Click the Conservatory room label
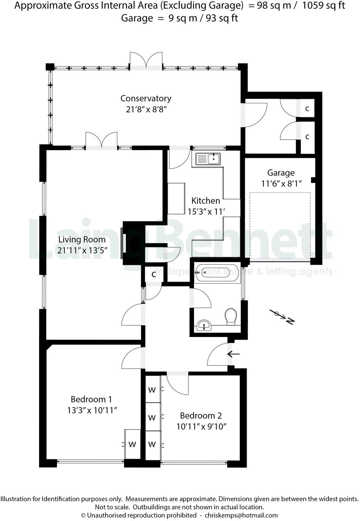click(146, 98)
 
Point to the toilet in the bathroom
click(231, 316)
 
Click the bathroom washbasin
click(204, 325)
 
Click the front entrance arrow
click(233, 354)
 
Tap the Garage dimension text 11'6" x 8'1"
click(281, 184)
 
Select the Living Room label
click(82, 239)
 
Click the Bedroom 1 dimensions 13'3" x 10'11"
click(92, 410)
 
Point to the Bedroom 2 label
click(201, 415)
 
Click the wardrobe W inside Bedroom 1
click(132, 444)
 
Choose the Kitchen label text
click(206, 201)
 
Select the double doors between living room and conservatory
click(101, 141)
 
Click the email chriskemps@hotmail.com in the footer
click(241, 515)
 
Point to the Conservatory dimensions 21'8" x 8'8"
click(146, 109)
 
